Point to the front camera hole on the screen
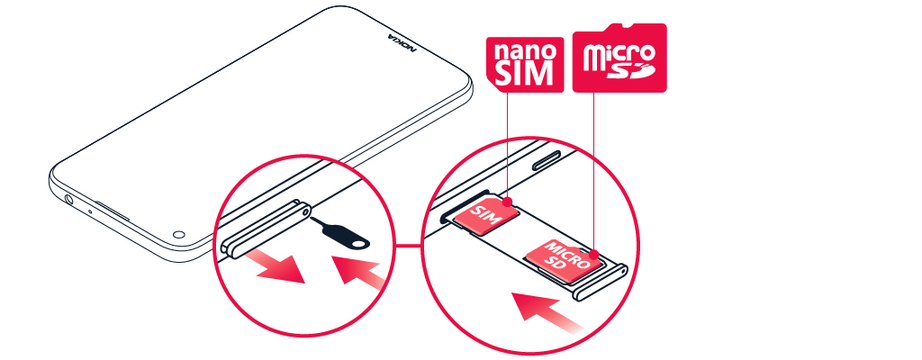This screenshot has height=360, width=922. pos(179,232)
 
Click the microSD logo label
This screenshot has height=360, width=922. pos(619,57)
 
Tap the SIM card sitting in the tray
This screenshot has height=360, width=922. pos(489,214)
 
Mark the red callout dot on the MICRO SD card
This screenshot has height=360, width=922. pos(594,254)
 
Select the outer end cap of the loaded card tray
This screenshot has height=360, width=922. pos(600,283)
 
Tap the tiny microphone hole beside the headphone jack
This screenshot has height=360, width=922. pos(89,211)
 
